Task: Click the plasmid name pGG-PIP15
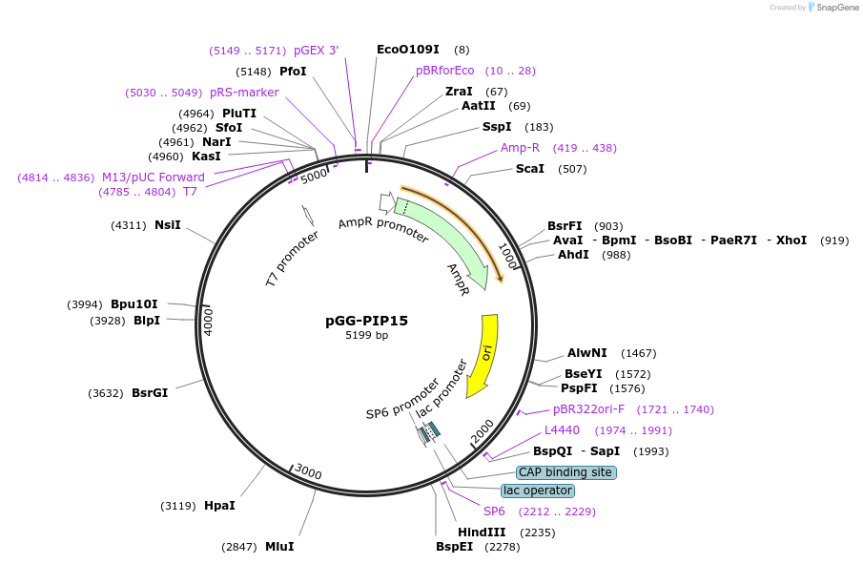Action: [x=366, y=321]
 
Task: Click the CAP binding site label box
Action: [x=565, y=472]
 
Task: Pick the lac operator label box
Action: [x=538, y=491]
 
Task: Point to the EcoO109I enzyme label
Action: [x=408, y=50]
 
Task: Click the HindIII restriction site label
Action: [x=482, y=533]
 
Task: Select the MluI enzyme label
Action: [x=279, y=547]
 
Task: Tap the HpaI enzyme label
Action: [x=219, y=505]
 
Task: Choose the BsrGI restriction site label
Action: [x=150, y=392]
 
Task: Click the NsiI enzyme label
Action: [x=168, y=225]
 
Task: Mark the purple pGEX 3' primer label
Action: [x=316, y=51]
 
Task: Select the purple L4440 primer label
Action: [x=562, y=430]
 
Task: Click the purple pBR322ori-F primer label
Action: [x=589, y=409]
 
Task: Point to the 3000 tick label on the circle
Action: [x=308, y=471]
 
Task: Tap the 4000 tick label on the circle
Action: [x=209, y=320]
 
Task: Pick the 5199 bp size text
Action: [x=366, y=336]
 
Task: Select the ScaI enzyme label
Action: [x=530, y=169]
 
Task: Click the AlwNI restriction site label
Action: [x=587, y=353]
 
